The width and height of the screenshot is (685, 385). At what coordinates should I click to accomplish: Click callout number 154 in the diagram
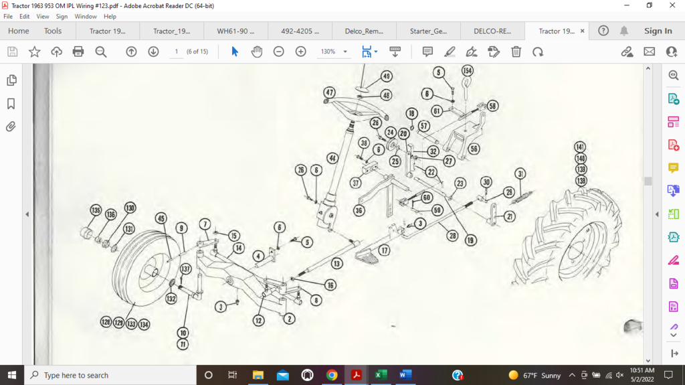[x=467, y=71]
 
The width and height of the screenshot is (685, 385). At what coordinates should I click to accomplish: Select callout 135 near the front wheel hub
[x=96, y=210]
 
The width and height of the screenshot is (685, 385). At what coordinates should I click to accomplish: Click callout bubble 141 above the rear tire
[x=580, y=147]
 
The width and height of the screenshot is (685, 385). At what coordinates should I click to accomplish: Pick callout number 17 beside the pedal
[x=384, y=250]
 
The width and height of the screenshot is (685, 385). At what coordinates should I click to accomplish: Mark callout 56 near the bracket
[x=474, y=149]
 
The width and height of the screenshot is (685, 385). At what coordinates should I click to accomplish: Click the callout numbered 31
[x=520, y=174]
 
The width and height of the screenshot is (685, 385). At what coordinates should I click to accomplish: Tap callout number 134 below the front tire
[x=144, y=323]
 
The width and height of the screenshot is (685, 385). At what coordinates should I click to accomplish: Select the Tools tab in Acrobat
[x=53, y=31]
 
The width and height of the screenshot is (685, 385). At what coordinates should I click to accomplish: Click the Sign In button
[x=658, y=31]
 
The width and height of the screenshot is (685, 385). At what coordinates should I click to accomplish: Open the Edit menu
[x=25, y=16]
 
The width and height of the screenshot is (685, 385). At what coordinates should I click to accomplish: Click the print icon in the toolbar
[x=78, y=52]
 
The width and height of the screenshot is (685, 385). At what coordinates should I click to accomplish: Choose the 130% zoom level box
[x=332, y=52]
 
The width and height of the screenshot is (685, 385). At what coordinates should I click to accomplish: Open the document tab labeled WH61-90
[x=235, y=31]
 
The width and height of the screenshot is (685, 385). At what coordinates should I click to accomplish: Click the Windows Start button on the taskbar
[x=12, y=375]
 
